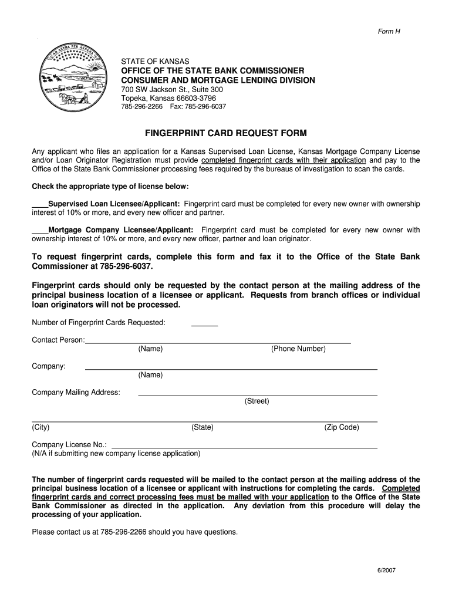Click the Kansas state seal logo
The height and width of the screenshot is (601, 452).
(70, 80)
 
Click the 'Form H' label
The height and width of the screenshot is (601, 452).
(389, 31)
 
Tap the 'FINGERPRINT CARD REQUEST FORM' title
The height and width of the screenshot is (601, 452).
(226, 133)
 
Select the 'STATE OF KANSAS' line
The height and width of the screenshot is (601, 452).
(155, 61)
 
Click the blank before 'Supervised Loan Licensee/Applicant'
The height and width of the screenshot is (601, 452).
(39, 204)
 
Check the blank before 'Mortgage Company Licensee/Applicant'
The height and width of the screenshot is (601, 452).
(39, 230)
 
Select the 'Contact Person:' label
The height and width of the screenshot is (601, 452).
(58, 340)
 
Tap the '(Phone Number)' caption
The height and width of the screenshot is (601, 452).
(298, 349)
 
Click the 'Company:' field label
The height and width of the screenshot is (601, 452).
(49, 366)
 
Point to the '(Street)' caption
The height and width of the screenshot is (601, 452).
(257, 401)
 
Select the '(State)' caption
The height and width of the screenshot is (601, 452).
(202, 427)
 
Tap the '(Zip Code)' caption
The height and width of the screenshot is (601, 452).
(341, 427)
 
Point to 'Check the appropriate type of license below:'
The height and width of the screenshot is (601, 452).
(110, 187)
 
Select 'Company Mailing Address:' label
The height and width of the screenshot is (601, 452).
(76, 392)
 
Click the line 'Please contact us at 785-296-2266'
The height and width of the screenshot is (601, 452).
(134, 532)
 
